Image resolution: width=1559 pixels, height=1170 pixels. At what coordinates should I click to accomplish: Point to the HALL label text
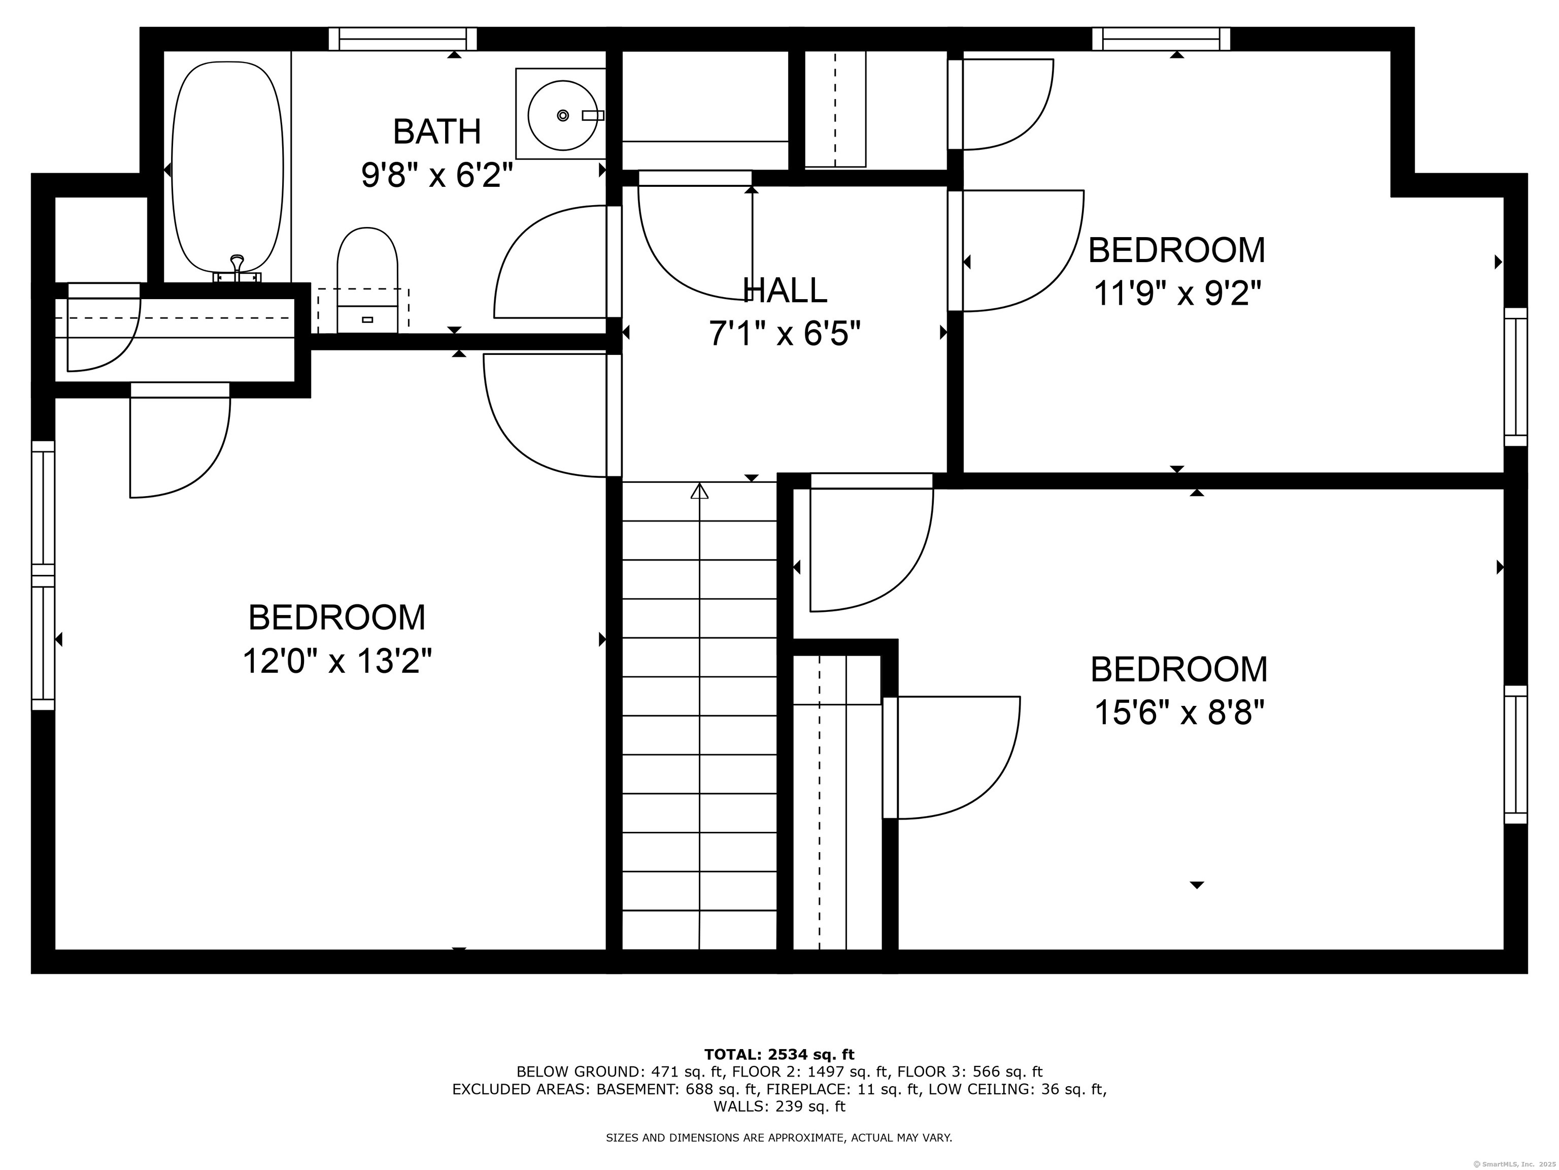click(x=785, y=290)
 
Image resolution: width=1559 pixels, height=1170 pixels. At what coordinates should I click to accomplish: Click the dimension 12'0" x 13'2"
click(x=337, y=662)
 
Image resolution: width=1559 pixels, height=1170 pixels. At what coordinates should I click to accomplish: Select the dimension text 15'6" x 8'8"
click(x=1179, y=713)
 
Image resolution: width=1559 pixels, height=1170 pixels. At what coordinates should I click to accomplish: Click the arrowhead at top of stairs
click(x=699, y=491)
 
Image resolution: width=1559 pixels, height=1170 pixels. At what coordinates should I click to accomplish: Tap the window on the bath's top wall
click(x=402, y=39)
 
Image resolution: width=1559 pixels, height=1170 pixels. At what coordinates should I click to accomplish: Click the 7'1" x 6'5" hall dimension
click(x=785, y=334)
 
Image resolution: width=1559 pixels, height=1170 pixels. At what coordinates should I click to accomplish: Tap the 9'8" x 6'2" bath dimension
click(x=436, y=175)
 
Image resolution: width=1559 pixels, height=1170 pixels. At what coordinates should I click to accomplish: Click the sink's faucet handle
click(x=593, y=115)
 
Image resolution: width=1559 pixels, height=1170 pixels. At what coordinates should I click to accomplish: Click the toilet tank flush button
click(x=367, y=319)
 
